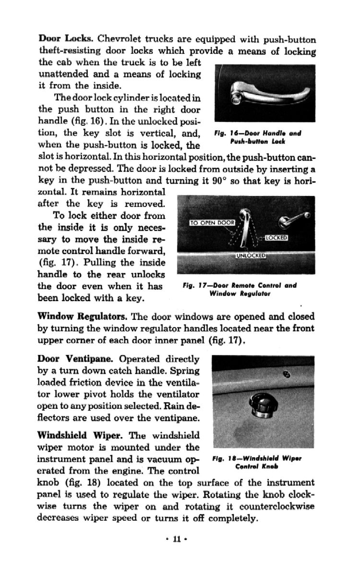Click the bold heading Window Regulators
82,317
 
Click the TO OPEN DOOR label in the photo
211,223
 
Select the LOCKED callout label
276,238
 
